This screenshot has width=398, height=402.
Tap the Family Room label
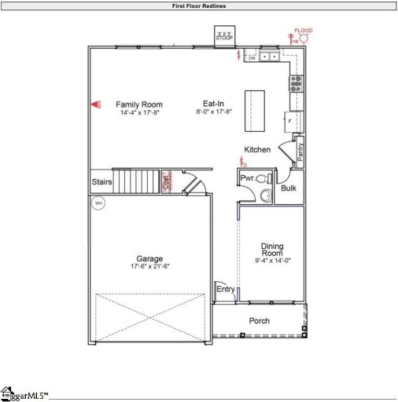coord(140,104)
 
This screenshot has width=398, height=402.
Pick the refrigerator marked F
coord(289,122)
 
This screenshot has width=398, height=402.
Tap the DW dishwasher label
coord(252,57)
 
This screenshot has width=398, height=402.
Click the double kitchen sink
coord(272,57)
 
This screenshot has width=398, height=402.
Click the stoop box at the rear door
coord(227,36)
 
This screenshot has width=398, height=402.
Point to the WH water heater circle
coord(98,203)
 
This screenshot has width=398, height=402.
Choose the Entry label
coord(225,289)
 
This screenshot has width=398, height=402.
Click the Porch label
coord(260,320)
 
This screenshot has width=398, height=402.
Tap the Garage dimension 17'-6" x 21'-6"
coord(149,266)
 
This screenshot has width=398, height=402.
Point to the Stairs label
coord(101,182)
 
